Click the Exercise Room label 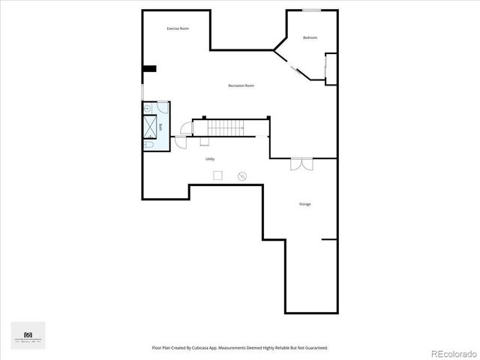click(x=178, y=28)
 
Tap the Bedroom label click(x=310, y=37)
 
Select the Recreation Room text click(x=241, y=85)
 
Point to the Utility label click(x=210, y=159)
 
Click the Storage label click(x=304, y=204)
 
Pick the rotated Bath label click(x=160, y=127)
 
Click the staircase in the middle click(x=226, y=128)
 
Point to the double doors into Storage click(x=301, y=163)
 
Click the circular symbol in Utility click(x=242, y=176)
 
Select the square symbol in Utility click(x=217, y=175)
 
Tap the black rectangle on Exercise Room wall click(x=149, y=69)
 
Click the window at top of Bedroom click(x=312, y=10)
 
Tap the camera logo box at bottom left click(x=28, y=335)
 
